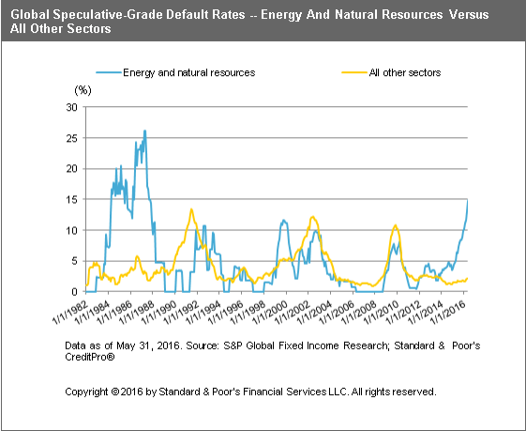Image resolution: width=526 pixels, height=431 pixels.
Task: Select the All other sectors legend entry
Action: point(404,72)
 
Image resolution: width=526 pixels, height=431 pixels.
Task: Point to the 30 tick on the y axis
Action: point(71,107)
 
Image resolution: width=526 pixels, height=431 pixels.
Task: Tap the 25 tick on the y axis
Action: point(71,138)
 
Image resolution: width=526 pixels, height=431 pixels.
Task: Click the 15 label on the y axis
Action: point(71,199)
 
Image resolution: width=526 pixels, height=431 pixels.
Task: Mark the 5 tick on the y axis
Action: point(74,261)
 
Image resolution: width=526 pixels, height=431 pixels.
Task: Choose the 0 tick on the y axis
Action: point(74,291)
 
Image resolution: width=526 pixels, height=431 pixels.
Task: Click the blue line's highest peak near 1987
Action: point(144,131)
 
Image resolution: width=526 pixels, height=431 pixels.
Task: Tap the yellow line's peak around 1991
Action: point(191,209)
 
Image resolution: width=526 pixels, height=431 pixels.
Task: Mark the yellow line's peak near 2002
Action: point(312,218)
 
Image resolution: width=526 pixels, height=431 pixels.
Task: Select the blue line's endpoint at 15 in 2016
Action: point(468,199)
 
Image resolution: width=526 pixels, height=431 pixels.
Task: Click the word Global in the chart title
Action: point(31,13)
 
